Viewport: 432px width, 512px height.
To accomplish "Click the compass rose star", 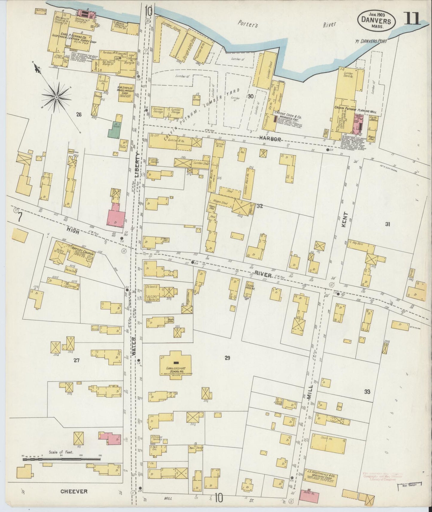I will pyautogui.click(x=56, y=97).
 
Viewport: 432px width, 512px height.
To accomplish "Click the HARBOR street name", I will pyautogui.click(x=270, y=139).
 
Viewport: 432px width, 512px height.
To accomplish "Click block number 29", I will pyautogui.click(x=227, y=358).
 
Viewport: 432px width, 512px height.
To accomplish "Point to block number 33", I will pyautogui.click(x=367, y=392).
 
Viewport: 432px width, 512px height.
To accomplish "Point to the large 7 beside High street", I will pyautogui.click(x=19, y=217).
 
